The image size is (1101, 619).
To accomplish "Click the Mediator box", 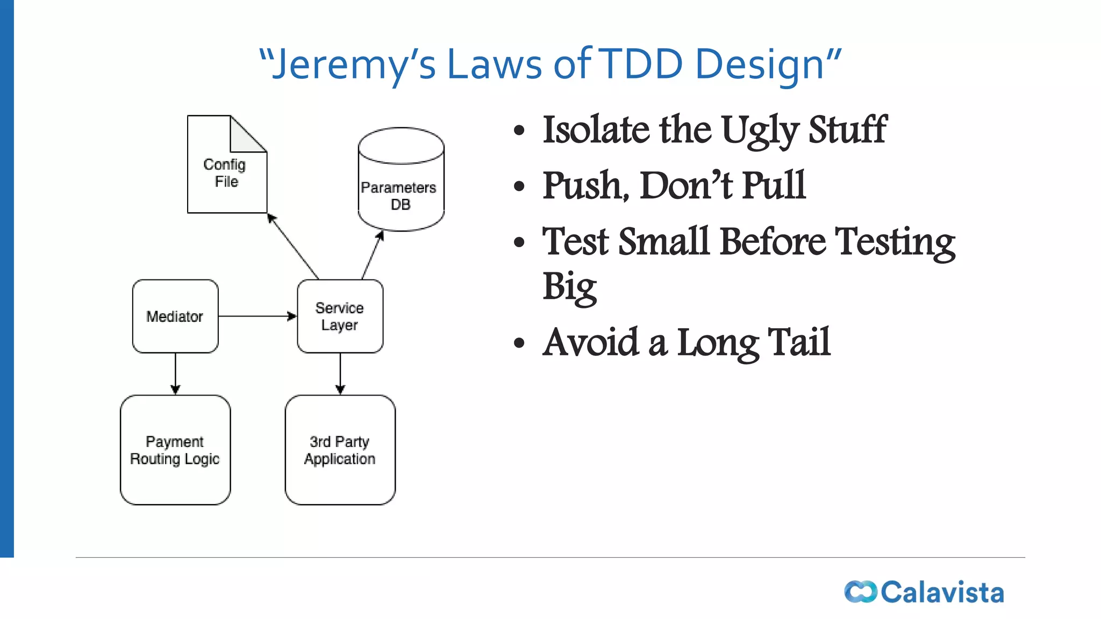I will point(175,316).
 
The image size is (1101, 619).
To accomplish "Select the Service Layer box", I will point(340,316).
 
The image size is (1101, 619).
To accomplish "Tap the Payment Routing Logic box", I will point(175,450).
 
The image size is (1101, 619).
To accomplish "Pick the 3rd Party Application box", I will point(340,450).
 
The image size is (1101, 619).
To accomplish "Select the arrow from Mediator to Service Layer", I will point(257,316).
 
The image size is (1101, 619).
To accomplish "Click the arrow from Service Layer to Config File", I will point(294,247).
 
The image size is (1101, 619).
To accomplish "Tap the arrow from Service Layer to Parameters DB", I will point(372,256).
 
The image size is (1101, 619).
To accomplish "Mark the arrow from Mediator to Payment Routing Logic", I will point(175,373).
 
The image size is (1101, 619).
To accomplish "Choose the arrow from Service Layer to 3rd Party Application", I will point(340,373).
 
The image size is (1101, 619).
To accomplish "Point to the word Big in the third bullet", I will point(569,287).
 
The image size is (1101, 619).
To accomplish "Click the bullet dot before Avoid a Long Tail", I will point(519,343).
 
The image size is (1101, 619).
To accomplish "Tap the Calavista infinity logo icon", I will point(860,592).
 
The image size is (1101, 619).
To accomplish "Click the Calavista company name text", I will point(942,592).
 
